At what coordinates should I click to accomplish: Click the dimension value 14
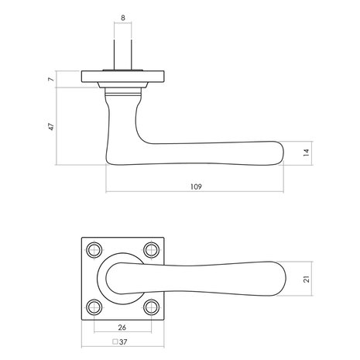pyautogui.click(x=307, y=154)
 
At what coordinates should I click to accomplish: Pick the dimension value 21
pyautogui.click(x=306, y=278)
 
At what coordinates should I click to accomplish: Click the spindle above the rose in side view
pyautogui.click(x=125, y=54)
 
